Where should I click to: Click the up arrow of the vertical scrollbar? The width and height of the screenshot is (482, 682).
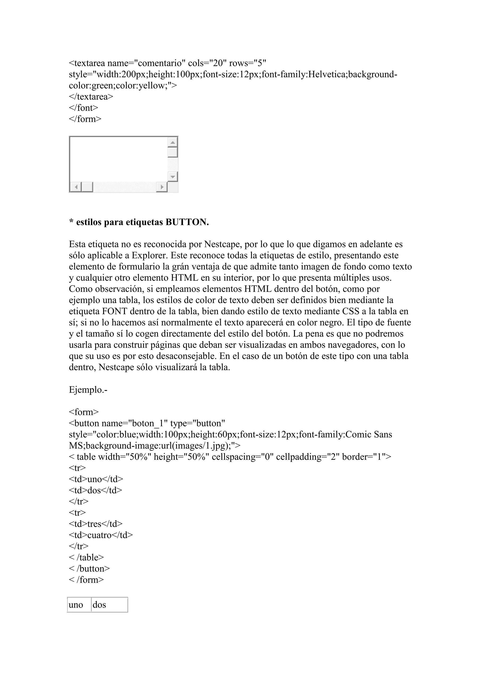pyautogui.click(x=173, y=142)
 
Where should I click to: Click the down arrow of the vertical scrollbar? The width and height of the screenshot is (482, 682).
pyautogui.click(x=173, y=177)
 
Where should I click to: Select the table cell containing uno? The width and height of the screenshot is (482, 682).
pyautogui.click(x=79, y=605)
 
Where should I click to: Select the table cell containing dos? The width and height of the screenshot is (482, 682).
pyautogui.click(x=109, y=605)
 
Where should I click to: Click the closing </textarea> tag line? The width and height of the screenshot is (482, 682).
pyautogui.click(x=91, y=97)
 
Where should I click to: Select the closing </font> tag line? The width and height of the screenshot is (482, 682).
pyautogui.click(x=83, y=108)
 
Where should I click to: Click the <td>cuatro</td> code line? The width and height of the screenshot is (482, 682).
pyautogui.click(x=101, y=535)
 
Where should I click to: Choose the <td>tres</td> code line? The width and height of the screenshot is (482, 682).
pyautogui.click(x=96, y=524)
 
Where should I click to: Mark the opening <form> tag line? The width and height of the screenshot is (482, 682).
pyautogui.click(x=84, y=412)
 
